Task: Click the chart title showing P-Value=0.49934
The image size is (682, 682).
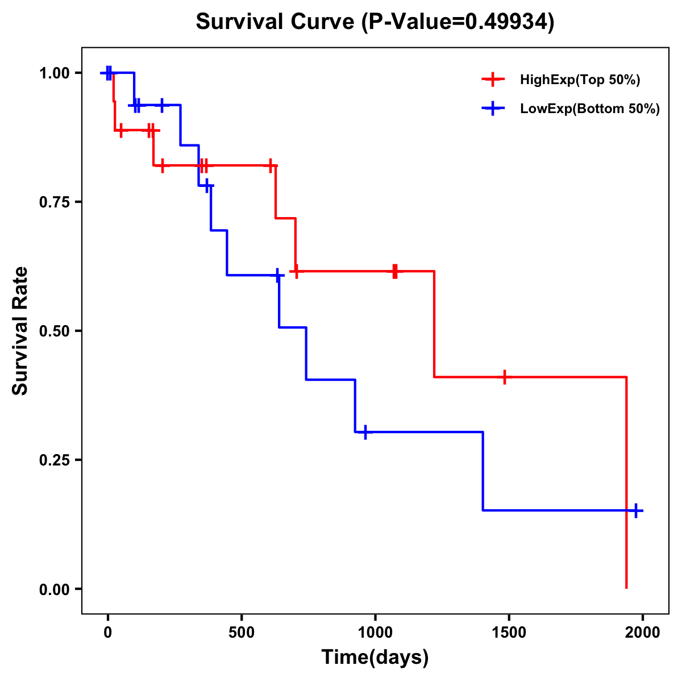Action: point(375,22)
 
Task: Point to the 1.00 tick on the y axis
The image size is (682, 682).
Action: point(54,73)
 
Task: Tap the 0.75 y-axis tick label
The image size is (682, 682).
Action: point(54,202)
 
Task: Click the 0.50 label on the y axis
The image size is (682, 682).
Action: point(54,331)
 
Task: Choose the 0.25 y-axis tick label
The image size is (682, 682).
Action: point(54,460)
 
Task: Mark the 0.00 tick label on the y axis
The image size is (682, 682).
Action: point(54,589)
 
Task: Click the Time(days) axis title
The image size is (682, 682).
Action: point(375,658)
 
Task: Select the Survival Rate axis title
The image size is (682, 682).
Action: point(20,331)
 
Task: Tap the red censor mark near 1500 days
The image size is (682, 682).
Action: point(504,377)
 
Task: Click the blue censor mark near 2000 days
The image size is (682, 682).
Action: point(636,510)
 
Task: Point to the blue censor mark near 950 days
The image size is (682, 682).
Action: point(365,432)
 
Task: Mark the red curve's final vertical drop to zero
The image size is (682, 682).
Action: point(626,483)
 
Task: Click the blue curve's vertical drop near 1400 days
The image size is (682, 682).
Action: point(483,471)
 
